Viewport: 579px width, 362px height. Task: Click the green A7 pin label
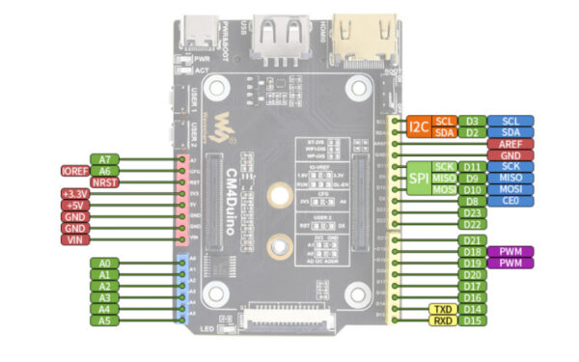(x=105, y=158)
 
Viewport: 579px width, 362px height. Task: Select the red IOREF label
(x=74, y=170)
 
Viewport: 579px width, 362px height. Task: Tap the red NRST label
(x=105, y=181)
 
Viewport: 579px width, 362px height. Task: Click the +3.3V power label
(x=74, y=195)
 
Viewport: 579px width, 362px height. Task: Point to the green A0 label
(x=105, y=263)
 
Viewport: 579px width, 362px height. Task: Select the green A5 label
(x=105, y=320)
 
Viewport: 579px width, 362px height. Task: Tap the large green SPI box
(x=418, y=179)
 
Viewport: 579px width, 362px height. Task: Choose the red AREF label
(x=511, y=144)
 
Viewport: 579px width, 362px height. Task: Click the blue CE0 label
(x=511, y=202)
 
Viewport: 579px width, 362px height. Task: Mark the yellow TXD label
(x=443, y=309)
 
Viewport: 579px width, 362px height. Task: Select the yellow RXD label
(x=443, y=320)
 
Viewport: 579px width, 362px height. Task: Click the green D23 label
(x=471, y=213)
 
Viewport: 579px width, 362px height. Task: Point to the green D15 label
(x=471, y=320)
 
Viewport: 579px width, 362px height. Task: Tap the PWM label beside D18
(x=511, y=252)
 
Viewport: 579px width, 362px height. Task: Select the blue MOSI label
(x=511, y=190)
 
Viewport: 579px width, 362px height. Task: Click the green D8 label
(x=471, y=202)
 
